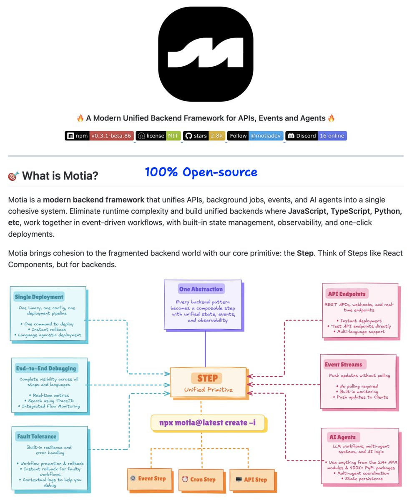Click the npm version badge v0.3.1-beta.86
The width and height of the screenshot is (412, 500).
[x=99, y=136]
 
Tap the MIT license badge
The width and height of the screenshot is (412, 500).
[x=158, y=136]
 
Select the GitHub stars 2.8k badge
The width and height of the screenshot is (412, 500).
[x=204, y=136]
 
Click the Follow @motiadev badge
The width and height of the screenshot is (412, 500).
[x=255, y=136]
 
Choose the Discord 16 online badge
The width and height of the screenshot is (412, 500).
[x=316, y=136]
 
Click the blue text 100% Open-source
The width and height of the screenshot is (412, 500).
[x=201, y=172]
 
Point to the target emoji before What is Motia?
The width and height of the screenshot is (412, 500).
[x=13, y=176]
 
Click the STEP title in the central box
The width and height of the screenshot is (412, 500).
[x=208, y=378]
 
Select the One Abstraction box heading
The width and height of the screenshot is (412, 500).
[x=201, y=289]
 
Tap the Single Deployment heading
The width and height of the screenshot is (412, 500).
[x=39, y=297]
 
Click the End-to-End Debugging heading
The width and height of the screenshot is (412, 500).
[x=46, y=368]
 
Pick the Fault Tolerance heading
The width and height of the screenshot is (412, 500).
[x=37, y=437]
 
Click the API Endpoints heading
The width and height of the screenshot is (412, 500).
[x=347, y=294]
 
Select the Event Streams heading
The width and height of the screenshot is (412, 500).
[x=344, y=365]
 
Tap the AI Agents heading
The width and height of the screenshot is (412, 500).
[x=342, y=437]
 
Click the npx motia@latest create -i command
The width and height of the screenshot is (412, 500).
[x=208, y=423]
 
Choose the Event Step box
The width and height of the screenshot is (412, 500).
[x=150, y=479]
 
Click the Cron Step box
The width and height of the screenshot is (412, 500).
[x=201, y=480]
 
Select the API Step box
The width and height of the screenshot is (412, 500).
[x=252, y=480]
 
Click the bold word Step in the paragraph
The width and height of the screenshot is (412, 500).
[x=305, y=253]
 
